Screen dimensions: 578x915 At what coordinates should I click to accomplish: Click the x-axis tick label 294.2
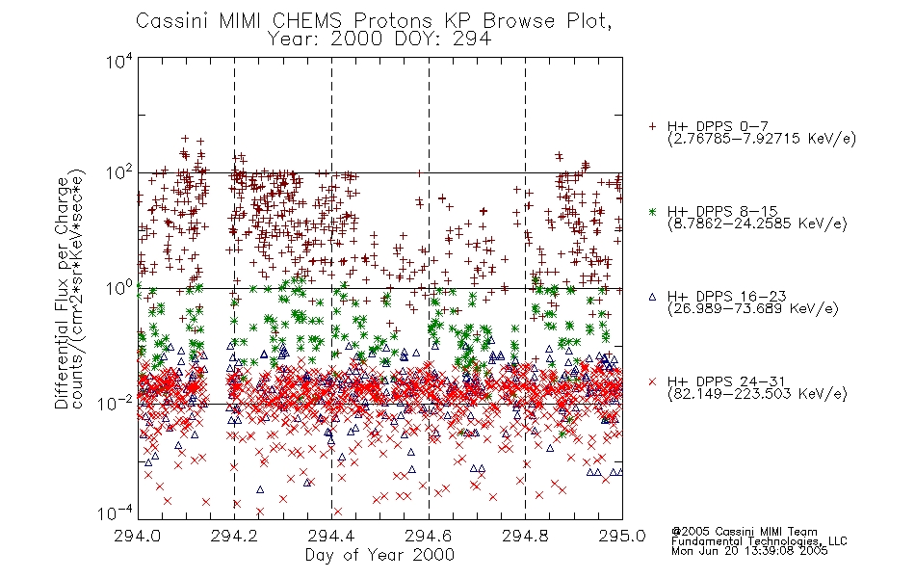point(234,535)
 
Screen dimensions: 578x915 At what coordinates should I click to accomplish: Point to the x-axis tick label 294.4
point(331,535)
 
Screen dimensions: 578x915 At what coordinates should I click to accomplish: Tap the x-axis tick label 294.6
point(429,535)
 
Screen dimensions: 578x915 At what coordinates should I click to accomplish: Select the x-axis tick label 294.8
point(525,535)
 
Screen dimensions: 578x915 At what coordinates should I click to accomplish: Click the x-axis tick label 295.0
point(622,535)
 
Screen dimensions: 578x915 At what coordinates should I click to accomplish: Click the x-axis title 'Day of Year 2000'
point(379,555)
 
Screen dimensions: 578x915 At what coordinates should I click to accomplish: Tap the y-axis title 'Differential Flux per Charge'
point(62,293)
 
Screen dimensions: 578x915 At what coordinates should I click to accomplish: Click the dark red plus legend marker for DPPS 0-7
point(653,126)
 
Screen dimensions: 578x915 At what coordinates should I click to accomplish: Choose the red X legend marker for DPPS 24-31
point(653,381)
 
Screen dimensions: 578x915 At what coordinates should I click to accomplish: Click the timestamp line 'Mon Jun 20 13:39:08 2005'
point(749,551)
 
